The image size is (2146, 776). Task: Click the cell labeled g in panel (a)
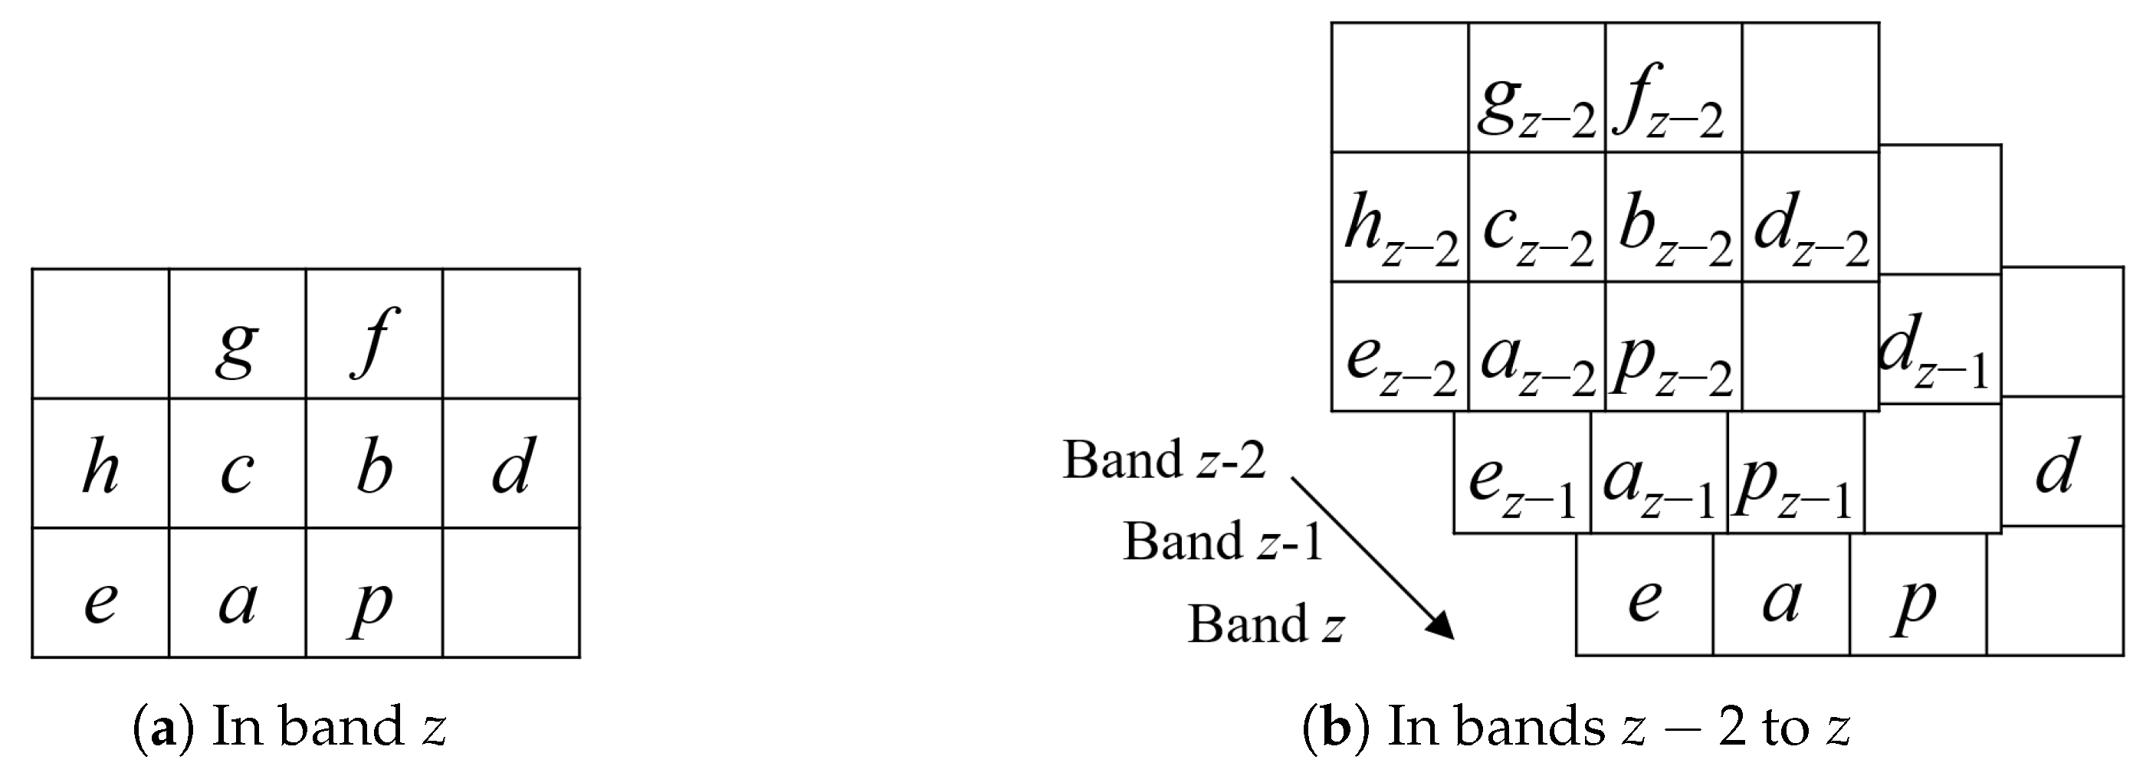click(x=238, y=334)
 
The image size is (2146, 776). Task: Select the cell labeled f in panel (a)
click(x=374, y=334)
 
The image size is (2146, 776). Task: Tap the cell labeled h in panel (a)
click(x=101, y=463)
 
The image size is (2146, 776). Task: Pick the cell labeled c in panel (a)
click(x=238, y=463)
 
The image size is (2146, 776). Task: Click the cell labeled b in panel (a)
click(x=374, y=463)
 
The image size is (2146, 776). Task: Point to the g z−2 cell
click(x=1537, y=88)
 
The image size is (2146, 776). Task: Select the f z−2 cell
click(x=1674, y=88)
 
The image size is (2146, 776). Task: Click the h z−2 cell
click(x=1400, y=218)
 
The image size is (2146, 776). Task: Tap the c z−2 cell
click(x=1537, y=218)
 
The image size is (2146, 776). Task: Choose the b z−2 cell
click(x=1674, y=218)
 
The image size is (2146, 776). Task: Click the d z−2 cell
click(x=1810, y=218)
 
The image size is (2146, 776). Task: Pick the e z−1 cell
click(x=1522, y=472)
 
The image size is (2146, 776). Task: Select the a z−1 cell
click(x=1659, y=472)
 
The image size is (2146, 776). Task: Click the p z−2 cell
click(x=1674, y=347)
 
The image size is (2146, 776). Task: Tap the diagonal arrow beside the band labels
click(x=1372, y=556)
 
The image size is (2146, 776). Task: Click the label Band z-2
click(x=1163, y=460)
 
